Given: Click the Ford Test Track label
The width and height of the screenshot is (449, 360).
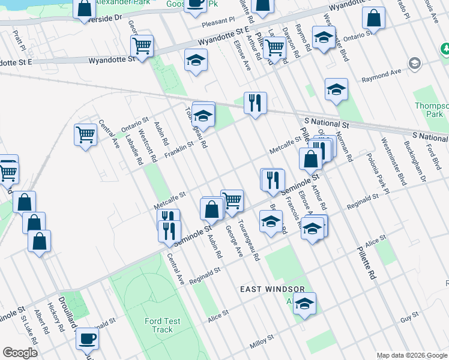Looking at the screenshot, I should pyautogui.click(x=162, y=325).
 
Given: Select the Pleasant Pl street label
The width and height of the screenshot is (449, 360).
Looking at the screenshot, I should pyautogui.click(x=218, y=20).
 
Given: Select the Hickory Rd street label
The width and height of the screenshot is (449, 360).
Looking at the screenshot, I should pyautogui.click(x=58, y=321).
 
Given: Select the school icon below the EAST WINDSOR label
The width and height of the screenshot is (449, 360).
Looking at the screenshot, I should pyautogui.click(x=304, y=305).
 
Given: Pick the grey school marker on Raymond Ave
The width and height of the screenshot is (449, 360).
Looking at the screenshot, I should pyautogui.click(x=414, y=63).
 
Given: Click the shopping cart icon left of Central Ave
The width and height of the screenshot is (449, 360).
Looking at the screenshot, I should pyautogui.click(x=86, y=134).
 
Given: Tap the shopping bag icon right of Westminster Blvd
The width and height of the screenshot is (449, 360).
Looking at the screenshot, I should pyautogui.click(x=374, y=19).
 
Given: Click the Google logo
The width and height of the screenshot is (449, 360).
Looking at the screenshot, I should pyautogui.click(x=20, y=353).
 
